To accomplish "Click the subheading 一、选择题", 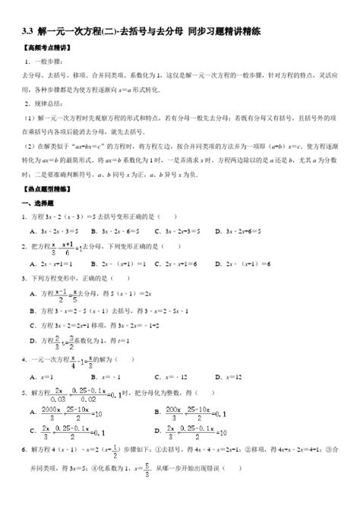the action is click(37, 203).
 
